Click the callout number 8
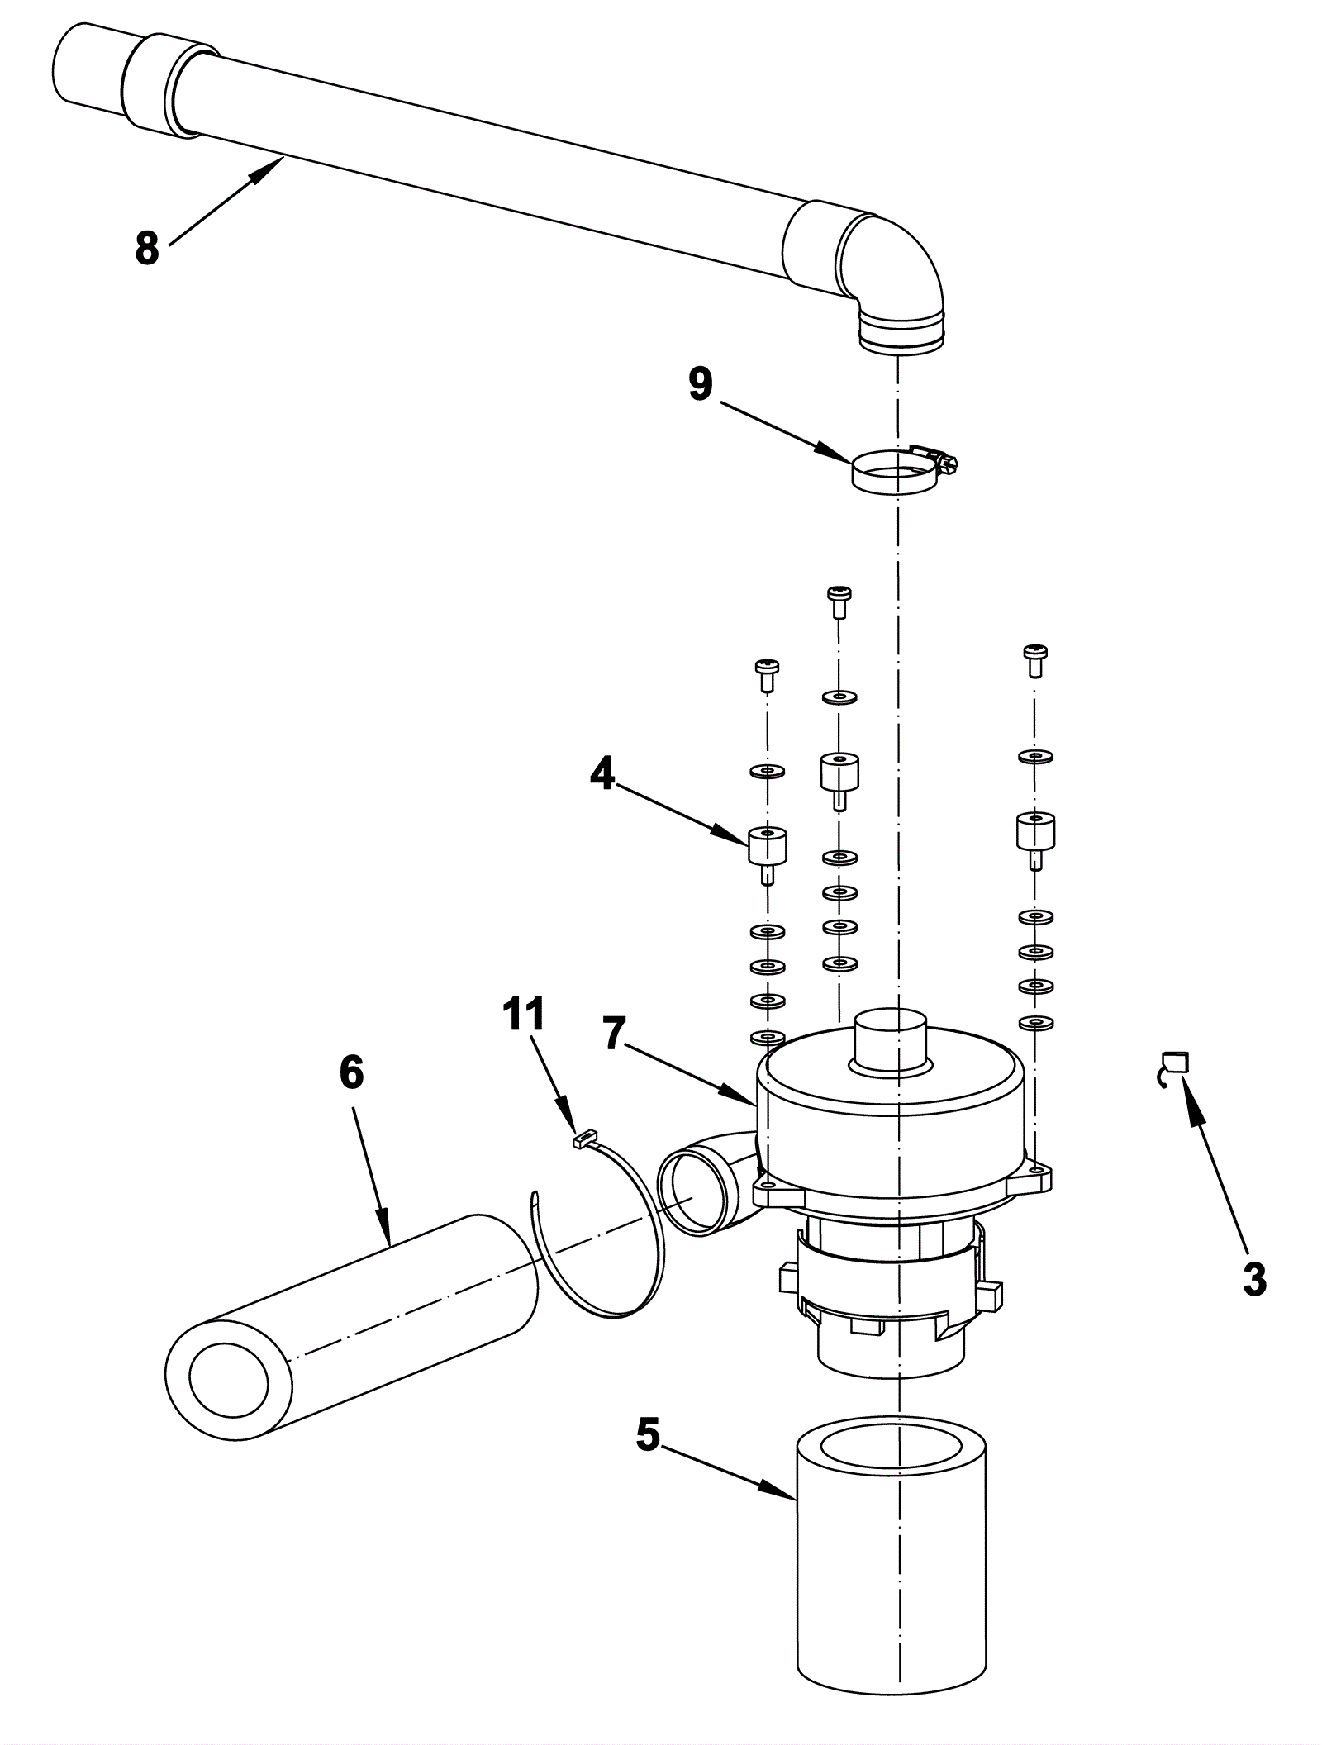point(147,247)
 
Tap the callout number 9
point(701,385)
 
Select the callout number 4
point(602,774)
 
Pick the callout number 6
point(351,1073)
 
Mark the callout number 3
point(1253,1280)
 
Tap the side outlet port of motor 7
point(696,1191)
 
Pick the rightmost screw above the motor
point(1034,658)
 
